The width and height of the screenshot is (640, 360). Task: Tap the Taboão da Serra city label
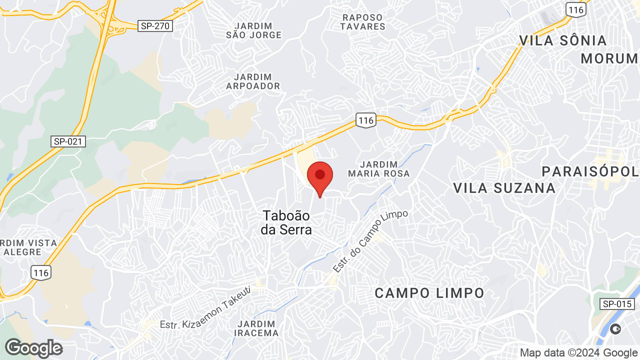tap(286, 223)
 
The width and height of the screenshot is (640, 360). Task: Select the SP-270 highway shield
tap(155, 26)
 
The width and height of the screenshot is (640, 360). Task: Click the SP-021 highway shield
tap(68, 141)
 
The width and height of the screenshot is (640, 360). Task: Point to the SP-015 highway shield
tap(617, 303)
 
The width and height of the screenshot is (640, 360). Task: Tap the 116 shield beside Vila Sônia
tap(575, 9)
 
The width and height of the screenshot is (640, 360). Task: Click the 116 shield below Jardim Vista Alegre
tap(41, 272)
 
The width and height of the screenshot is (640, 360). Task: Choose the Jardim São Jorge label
tap(253, 30)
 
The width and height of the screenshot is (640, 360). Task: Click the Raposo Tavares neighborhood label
tap(362, 22)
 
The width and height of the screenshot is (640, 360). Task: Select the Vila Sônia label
tap(562, 40)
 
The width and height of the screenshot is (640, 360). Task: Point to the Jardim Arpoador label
tap(253, 81)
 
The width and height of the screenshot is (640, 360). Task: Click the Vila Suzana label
tap(504, 188)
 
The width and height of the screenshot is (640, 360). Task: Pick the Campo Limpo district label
tap(429, 293)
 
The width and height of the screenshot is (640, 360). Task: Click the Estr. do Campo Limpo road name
tap(370, 241)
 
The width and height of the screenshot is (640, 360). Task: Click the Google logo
tap(33, 348)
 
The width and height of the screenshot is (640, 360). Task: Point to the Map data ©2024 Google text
tap(578, 353)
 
